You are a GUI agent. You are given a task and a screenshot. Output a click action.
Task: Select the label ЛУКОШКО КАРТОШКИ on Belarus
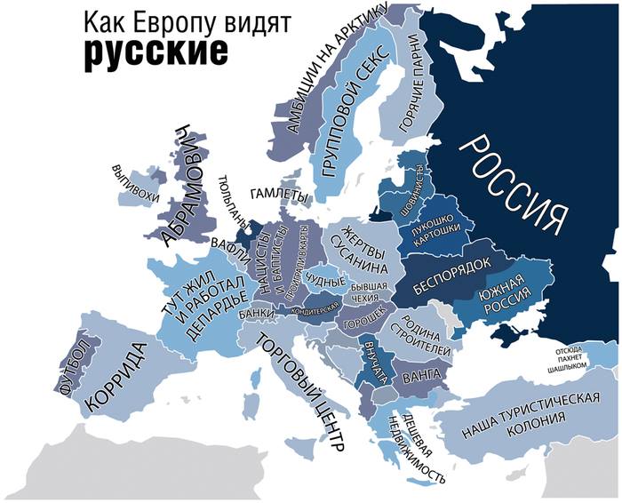tap(435, 228)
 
